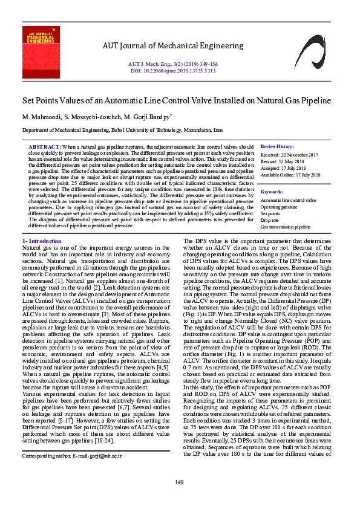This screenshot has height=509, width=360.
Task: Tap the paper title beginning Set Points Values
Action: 177,100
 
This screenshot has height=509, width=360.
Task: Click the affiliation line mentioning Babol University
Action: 123,130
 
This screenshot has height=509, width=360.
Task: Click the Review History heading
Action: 277,147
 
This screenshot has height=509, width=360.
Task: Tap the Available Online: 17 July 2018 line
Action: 290,175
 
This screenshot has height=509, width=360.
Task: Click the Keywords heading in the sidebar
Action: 272,192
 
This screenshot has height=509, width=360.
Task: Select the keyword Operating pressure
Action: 278,207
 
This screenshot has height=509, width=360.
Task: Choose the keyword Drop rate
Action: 270,220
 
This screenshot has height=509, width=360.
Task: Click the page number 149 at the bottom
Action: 180,482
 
